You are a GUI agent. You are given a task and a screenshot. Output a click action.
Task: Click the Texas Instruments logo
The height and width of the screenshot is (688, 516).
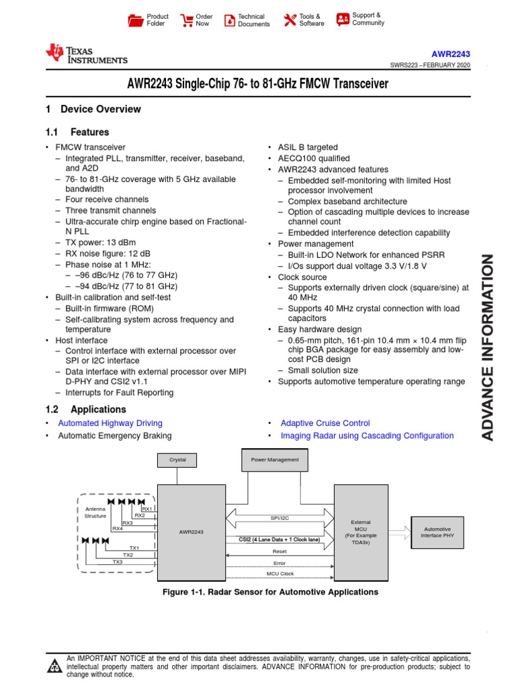86,54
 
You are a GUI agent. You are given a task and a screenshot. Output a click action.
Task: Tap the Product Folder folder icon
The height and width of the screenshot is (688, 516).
136,20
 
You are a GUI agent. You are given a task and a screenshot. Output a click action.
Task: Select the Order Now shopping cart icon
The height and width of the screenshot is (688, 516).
186,20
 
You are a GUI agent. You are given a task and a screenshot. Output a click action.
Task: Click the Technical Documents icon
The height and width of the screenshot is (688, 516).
229,20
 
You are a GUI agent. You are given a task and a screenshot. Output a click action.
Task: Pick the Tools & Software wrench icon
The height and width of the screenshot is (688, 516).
290,20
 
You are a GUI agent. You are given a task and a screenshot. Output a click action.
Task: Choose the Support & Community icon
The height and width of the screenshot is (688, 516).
343,19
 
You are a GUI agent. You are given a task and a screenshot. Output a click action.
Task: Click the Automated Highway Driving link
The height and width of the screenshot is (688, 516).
110,423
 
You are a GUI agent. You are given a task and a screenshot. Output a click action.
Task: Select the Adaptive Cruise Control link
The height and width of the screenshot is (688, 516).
325,423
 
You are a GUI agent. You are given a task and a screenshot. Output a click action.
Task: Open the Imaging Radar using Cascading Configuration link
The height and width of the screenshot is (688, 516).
367,435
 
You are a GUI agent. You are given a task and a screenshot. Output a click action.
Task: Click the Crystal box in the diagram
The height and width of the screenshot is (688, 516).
177,460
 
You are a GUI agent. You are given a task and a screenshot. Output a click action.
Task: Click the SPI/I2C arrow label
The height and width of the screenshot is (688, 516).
279,518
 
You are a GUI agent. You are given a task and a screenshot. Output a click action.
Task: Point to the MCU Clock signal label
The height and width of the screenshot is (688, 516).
279,574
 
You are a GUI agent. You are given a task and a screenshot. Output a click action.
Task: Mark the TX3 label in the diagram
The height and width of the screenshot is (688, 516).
118,562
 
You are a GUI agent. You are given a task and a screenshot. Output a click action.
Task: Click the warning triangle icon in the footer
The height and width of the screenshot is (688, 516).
53,666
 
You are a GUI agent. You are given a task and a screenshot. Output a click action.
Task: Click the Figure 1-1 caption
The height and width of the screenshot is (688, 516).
271,592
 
